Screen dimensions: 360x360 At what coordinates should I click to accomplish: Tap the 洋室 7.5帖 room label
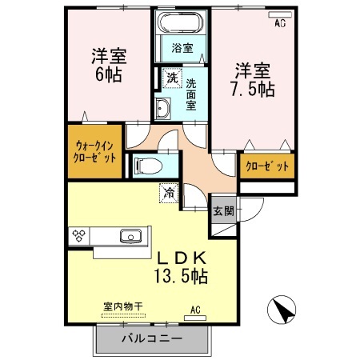pyautogui.click(x=254, y=78)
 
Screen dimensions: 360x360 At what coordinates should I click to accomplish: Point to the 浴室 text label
pyautogui.click(x=182, y=48)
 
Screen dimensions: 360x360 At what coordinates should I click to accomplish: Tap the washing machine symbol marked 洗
pyautogui.click(x=172, y=78)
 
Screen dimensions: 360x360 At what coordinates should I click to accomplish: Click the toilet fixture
pyautogui.click(x=147, y=165)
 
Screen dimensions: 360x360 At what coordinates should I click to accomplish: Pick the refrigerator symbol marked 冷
pyautogui.click(x=170, y=192)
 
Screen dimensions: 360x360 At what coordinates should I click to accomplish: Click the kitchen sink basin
pyautogui.click(x=130, y=236)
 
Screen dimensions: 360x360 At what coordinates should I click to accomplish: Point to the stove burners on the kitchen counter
pyautogui.click(x=79, y=236)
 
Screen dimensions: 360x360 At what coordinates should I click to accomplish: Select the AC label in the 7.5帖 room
pyautogui.click(x=279, y=24)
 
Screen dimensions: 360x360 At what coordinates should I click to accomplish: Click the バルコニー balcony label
pyautogui.click(x=151, y=339)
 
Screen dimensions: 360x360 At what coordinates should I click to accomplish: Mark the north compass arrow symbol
pyautogui.click(x=282, y=310)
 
